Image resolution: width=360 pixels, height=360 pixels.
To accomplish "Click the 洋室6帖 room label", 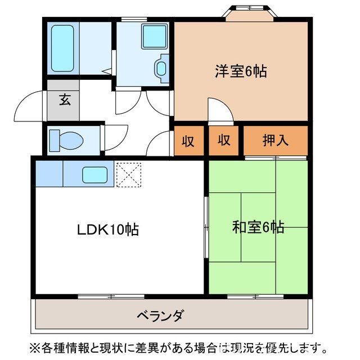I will pyautogui.click(x=240, y=71).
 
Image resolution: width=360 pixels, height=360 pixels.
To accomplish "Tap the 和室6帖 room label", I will pyautogui.click(x=258, y=227).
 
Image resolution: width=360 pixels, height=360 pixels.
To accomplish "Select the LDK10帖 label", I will pyautogui.click(x=108, y=229).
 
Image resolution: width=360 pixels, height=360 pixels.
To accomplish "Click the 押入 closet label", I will pyautogui.click(x=276, y=140).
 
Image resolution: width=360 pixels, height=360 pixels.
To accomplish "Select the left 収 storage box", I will pyautogui.click(x=188, y=141).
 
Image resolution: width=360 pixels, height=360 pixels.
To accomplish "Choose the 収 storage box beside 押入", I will pyautogui.click(x=224, y=141).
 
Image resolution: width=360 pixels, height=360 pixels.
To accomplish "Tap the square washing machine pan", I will pyautogui.click(x=152, y=36).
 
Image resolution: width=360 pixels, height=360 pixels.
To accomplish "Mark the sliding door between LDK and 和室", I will pyautogui.click(x=206, y=225).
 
